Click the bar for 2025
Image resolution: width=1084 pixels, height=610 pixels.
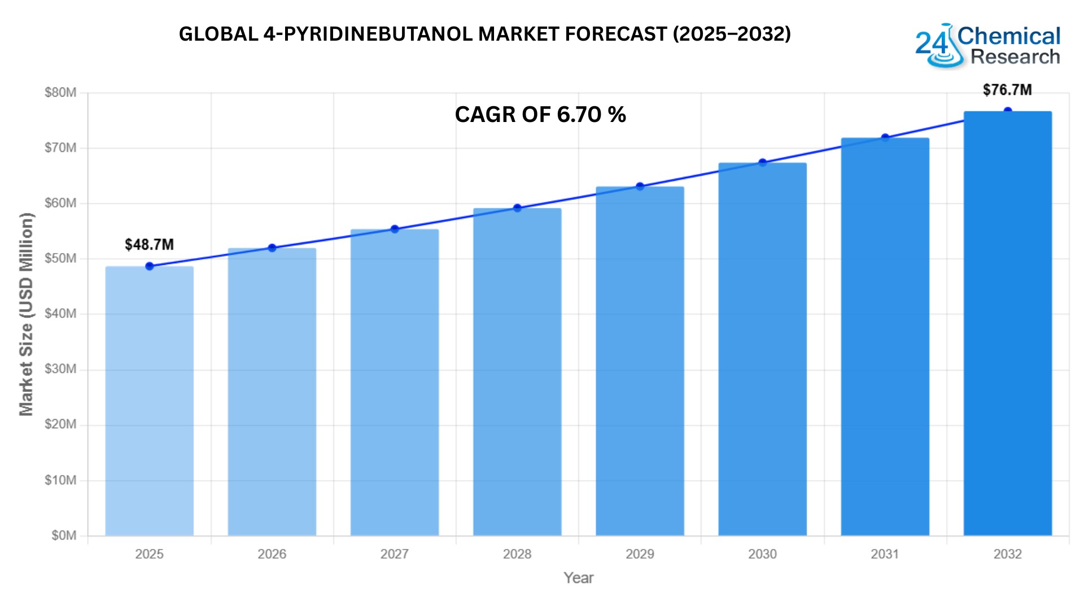click(x=149, y=401)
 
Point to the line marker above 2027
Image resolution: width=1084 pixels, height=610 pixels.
click(x=395, y=229)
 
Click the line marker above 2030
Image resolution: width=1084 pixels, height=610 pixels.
click(x=762, y=163)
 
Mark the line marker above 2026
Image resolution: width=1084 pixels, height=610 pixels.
click(x=272, y=248)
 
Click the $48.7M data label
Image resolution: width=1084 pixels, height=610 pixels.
click(x=149, y=245)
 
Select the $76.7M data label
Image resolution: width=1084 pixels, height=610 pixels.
click(x=1007, y=90)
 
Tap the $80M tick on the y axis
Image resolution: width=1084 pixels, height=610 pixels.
click(x=60, y=93)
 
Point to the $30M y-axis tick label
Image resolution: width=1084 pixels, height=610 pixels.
click(x=60, y=369)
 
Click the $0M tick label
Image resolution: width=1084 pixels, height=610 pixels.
click(x=63, y=535)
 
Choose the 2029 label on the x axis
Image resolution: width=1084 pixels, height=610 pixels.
click(x=640, y=554)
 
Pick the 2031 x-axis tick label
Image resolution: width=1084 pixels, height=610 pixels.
click(x=885, y=554)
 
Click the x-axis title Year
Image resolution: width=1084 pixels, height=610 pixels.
click(x=578, y=578)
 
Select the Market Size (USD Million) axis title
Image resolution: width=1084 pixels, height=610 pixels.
click(x=26, y=314)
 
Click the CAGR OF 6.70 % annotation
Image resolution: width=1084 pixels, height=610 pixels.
click(x=540, y=115)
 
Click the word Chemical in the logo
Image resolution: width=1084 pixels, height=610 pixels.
click(x=1009, y=36)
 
